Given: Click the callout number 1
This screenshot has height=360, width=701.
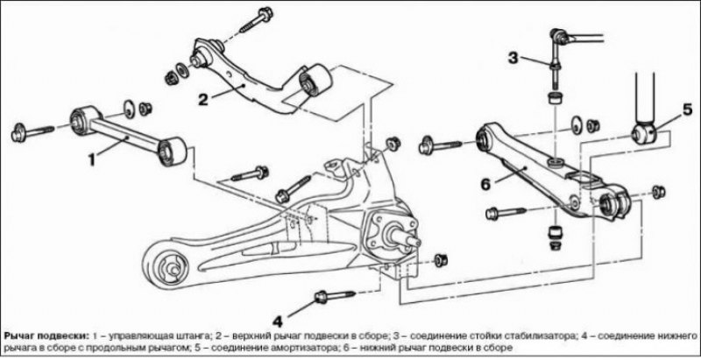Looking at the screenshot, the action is click(92, 159).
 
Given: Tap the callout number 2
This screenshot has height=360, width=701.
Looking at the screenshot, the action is click(204, 100).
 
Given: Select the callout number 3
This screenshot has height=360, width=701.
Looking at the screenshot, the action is click(513, 58).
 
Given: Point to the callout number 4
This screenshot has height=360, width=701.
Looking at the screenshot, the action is click(278, 321).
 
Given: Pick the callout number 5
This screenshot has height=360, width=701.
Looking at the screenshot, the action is click(687, 109).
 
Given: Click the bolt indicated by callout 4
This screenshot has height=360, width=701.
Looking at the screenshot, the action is click(336, 296).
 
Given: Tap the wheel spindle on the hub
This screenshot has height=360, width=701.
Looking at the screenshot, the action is click(406, 236).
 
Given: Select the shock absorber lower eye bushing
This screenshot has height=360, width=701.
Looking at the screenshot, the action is click(644, 133).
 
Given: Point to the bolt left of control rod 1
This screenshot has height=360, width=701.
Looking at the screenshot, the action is click(32, 131).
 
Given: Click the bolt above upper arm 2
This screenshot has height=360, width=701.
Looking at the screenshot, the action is click(256, 20).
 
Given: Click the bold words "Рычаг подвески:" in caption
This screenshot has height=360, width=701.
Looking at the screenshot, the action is click(46, 335).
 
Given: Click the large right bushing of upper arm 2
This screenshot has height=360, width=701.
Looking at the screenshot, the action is click(315, 81).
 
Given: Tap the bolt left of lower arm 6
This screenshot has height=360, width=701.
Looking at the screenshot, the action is click(441, 146).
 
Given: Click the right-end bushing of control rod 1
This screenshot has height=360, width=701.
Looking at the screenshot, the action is click(173, 152).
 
